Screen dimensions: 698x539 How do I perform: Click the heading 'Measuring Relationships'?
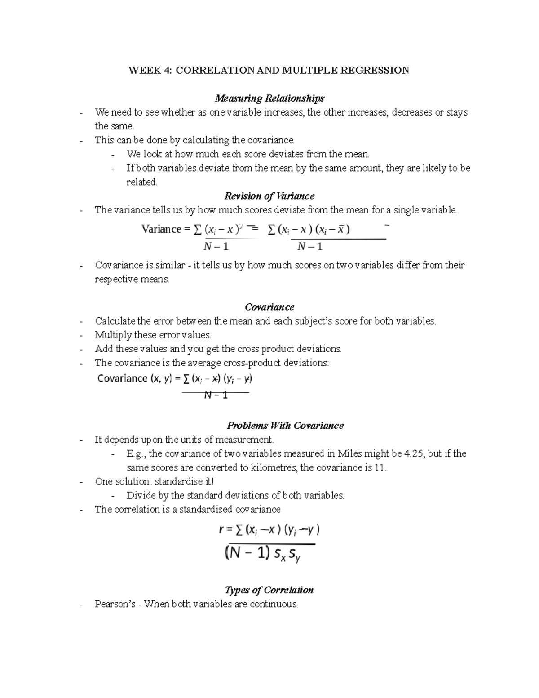click(269, 98)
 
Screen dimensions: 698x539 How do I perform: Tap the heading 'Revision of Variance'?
click(269, 196)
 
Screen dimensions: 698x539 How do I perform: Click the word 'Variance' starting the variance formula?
click(161, 230)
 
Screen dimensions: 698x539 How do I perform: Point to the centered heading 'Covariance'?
click(269, 307)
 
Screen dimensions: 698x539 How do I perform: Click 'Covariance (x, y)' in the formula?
click(134, 378)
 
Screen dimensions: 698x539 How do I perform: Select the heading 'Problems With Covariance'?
click(285, 426)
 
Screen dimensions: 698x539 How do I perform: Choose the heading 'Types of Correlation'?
click(269, 590)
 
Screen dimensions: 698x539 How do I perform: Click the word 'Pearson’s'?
click(115, 604)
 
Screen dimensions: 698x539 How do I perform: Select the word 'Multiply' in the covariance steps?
click(113, 335)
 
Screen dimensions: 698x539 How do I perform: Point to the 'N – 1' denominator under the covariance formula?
click(216, 395)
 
